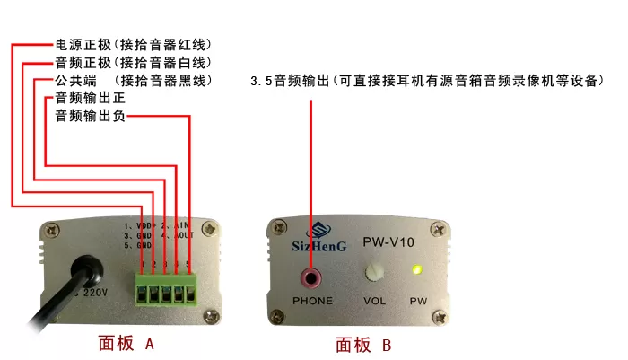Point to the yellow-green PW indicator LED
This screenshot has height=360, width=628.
[416, 270]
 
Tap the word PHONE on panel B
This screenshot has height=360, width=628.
[313, 300]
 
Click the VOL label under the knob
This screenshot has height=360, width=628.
[375, 300]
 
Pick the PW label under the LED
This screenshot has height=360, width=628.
[418, 300]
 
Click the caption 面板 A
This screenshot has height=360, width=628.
[126, 343]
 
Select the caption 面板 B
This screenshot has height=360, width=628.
[363, 344]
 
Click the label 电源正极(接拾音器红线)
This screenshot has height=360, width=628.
[134, 44]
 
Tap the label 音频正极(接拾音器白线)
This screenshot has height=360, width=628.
[134, 63]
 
